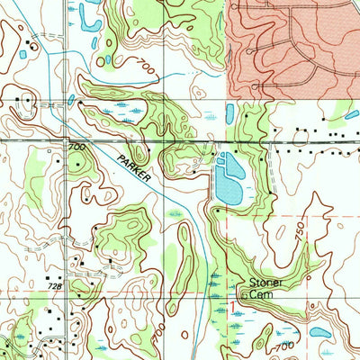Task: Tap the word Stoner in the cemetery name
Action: (x=265, y=283)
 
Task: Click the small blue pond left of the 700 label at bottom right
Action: (x=319, y=331)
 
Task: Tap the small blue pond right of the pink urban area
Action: (x=352, y=114)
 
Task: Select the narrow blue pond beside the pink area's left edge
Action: (x=230, y=112)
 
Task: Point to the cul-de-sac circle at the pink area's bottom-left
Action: (x=258, y=87)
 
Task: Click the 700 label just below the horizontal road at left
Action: (x=76, y=146)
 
